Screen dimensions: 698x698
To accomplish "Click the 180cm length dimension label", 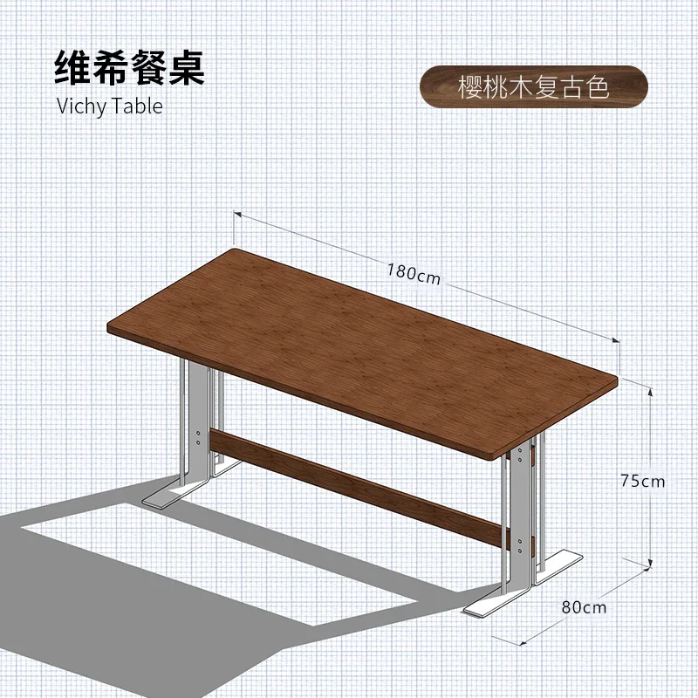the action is pos(414,273).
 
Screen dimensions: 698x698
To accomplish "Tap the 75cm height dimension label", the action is pos(643,481).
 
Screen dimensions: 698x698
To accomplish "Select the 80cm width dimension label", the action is pos(584,607).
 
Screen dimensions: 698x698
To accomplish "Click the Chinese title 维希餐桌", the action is pos(129,68).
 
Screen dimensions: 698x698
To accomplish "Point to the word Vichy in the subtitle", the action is pos(82,106).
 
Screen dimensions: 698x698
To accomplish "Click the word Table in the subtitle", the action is pos(137,106).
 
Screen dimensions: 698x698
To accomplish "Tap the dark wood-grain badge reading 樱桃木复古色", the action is pos(534,86).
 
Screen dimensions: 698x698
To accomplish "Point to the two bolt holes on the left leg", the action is pos(199,437).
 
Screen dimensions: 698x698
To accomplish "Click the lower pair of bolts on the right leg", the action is pos(520,546).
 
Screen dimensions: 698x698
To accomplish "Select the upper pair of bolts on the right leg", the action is pos(519,455).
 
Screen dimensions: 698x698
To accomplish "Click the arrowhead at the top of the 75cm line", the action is pos(650,392).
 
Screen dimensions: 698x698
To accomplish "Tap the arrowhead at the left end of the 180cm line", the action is pos(237,215).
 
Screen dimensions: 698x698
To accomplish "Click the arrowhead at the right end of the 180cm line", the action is pos(616,340).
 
